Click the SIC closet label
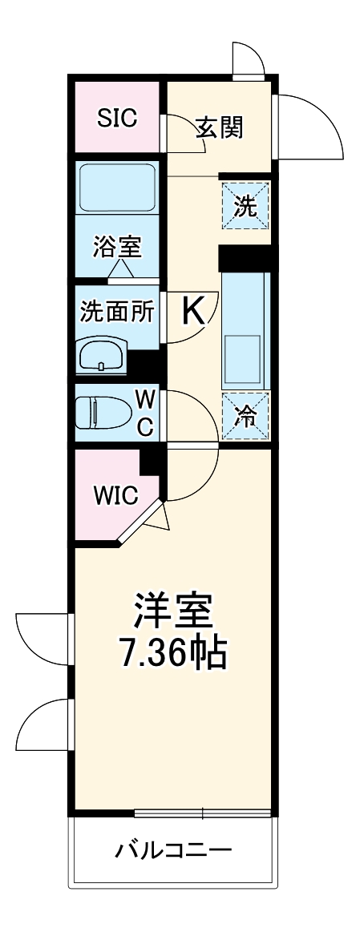(x=117, y=118)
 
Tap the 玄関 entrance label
(x=218, y=127)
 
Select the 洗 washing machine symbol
(x=245, y=207)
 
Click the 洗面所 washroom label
(x=117, y=309)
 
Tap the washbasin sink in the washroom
(x=101, y=353)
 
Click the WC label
(x=144, y=412)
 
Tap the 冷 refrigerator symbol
(x=245, y=416)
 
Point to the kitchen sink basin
(x=244, y=357)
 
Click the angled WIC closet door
(x=141, y=523)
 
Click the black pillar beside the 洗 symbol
(x=245, y=258)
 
